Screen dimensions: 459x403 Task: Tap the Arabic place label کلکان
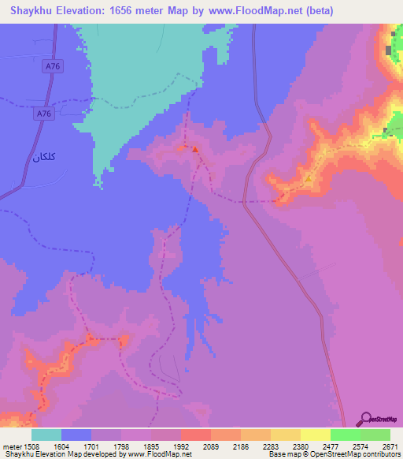[x=44, y=156]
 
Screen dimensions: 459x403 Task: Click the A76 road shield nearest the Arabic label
[x=45, y=115]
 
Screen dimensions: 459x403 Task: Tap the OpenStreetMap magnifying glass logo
[x=365, y=418]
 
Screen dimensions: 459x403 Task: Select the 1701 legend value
[x=91, y=446]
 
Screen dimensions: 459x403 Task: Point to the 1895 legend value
[x=151, y=446]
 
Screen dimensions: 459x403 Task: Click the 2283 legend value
[x=271, y=446]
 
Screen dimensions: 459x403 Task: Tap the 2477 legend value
[x=331, y=446]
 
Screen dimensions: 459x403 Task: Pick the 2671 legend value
[x=390, y=446]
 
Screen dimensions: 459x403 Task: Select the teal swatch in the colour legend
[x=46, y=435]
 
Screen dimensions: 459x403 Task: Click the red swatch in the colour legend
[x=196, y=435]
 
